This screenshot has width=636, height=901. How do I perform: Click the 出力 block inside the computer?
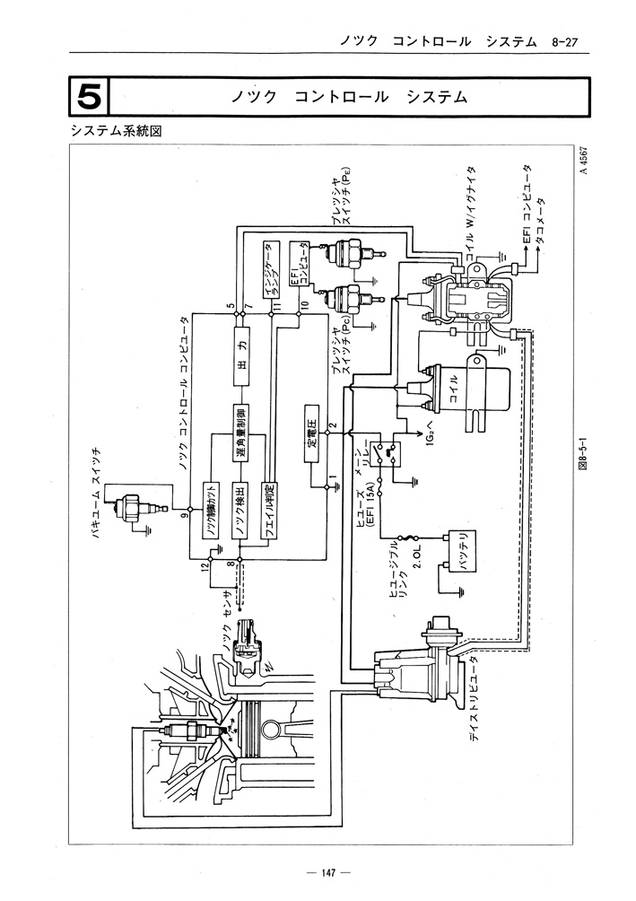(x=240, y=351)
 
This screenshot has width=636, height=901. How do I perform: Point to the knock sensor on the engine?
(x=247, y=646)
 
